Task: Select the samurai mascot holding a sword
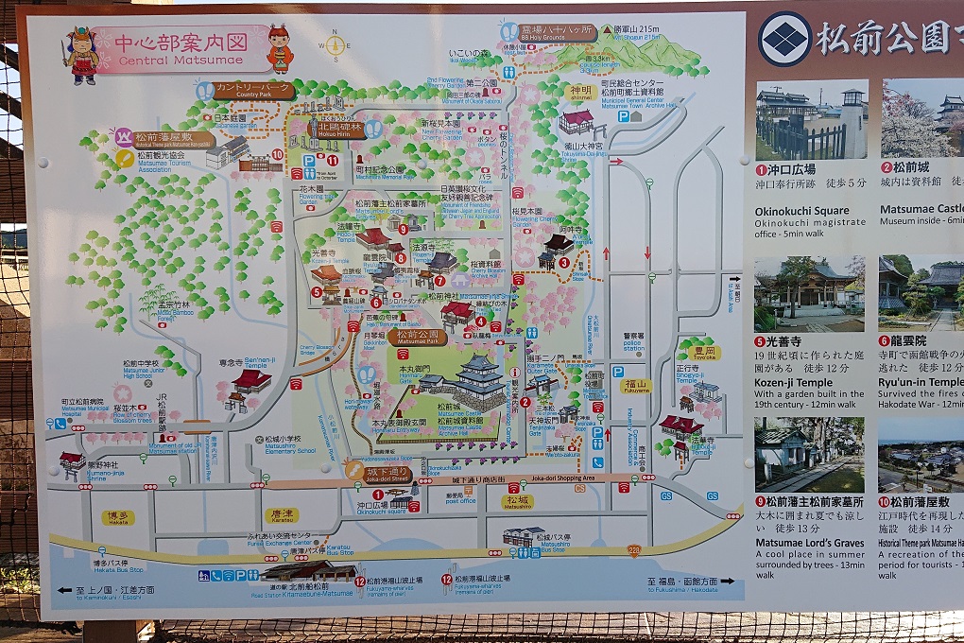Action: tap(81, 54)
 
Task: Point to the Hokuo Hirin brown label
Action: tap(340, 130)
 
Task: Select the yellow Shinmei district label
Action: tap(580, 93)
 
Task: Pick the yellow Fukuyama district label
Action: tap(636, 386)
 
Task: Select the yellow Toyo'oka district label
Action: tap(704, 353)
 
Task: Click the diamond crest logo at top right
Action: tap(784, 39)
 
